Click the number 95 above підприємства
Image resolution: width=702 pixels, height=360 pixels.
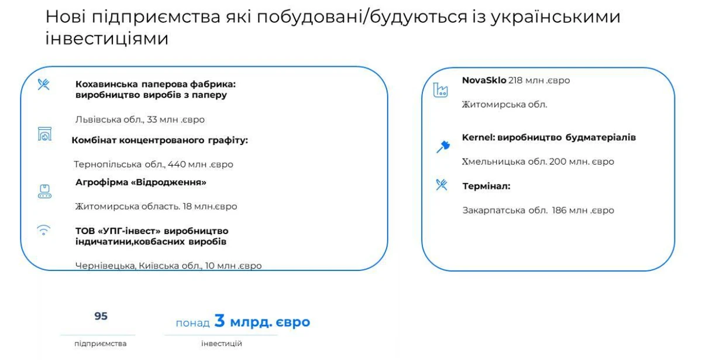[101, 316]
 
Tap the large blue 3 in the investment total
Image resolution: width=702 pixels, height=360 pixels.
[219, 321]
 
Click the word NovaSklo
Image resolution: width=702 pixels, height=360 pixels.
[484, 81]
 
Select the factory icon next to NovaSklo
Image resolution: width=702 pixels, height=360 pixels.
[441, 90]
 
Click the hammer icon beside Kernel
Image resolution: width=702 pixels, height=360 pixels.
[443, 147]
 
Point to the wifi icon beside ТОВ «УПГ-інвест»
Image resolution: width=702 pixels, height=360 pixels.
[43, 231]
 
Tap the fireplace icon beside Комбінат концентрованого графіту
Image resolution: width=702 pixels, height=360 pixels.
[44, 134]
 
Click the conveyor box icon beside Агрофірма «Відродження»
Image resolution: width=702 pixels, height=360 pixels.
[44, 191]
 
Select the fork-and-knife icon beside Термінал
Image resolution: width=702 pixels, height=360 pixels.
[442, 185]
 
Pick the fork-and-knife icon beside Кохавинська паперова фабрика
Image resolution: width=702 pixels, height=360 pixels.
[43, 84]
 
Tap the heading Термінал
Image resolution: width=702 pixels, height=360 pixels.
[486, 186]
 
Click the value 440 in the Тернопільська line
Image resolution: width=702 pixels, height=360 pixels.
[177, 164]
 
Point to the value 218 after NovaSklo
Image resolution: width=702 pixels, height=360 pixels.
[515, 81]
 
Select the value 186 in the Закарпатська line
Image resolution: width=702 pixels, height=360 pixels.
[559, 210]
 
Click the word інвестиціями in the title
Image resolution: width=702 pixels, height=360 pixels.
[107, 39]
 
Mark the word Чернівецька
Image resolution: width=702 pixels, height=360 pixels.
[106, 266]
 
